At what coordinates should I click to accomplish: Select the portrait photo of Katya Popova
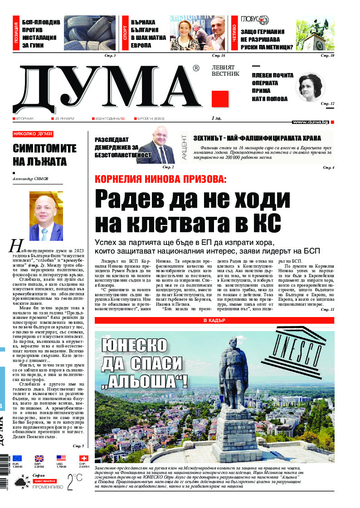click(310, 88)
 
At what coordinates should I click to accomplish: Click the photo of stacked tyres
click(89, 33)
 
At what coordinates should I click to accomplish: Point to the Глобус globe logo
click(258, 20)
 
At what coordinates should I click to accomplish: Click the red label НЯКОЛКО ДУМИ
click(33, 134)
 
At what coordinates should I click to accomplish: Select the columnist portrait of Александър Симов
click(46, 216)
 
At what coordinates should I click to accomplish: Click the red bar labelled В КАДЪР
click(214, 321)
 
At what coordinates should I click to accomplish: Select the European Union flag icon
click(17, 459)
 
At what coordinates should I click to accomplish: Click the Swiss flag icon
click(83, 459)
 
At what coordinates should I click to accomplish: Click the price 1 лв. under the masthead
click(216, 118)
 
